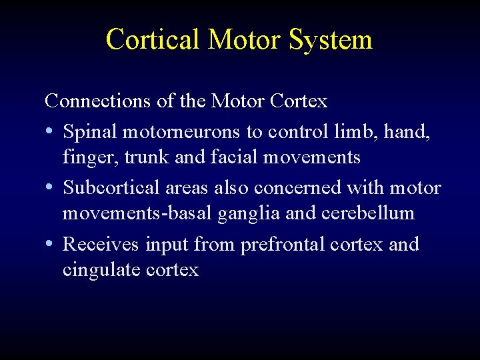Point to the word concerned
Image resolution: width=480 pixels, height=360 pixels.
(299, 187)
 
